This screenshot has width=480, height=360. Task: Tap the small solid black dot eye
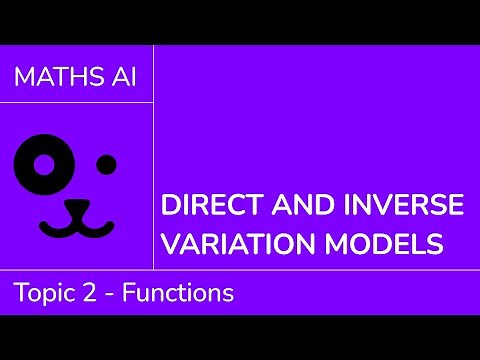coord(106,163)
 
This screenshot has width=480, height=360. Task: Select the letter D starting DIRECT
coord(170,208)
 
